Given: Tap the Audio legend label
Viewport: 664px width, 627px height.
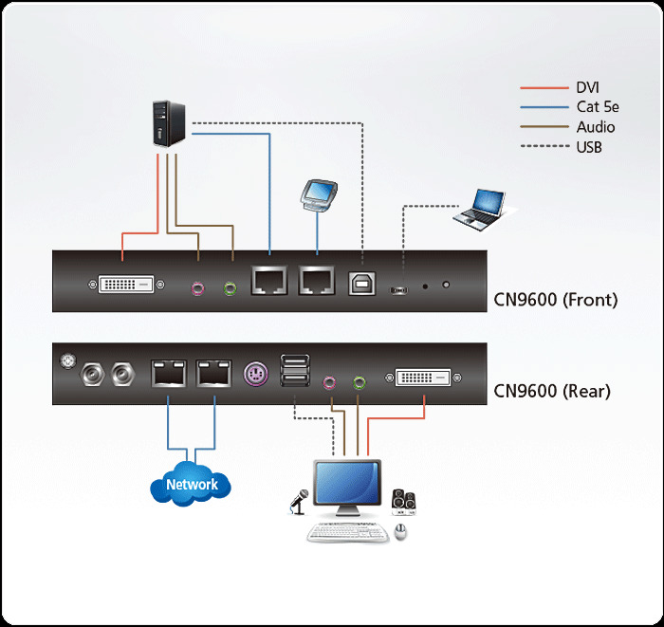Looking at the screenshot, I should click(x=595, y=127).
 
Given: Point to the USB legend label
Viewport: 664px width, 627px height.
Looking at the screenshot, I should click(x=589, y=147).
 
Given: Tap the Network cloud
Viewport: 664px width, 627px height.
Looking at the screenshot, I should click(x=192, y=484).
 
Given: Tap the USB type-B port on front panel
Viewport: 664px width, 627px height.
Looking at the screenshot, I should click(x=361, y=284).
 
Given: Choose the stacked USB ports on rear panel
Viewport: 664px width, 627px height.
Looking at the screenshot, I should click(x=294, y=372).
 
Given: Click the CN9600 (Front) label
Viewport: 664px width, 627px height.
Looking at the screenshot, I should click(x=556, y=301).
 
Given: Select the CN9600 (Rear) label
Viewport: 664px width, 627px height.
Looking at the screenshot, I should click(x=553, y=391).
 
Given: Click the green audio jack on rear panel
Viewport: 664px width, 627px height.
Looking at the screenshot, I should click(x=360, y=383).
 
